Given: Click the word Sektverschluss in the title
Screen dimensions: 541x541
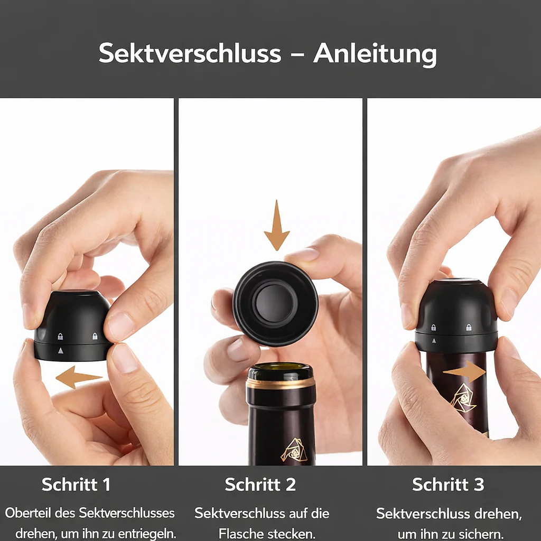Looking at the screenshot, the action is point(190,53).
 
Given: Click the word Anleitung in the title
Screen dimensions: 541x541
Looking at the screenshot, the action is point(375,54).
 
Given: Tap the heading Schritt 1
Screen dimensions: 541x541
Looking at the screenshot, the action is point(76,484).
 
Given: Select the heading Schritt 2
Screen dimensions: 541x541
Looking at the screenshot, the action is point(260,484).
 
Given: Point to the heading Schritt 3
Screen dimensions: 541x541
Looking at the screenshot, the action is point(448,484).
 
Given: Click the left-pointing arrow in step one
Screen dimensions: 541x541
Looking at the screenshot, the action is point(79,377).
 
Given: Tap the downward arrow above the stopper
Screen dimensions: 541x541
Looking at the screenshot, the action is point(277,225).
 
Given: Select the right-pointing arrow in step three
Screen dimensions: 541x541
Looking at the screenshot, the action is point(464,371).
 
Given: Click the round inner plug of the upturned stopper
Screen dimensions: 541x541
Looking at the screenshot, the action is point(275,303).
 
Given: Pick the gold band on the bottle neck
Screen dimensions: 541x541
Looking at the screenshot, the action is point(281,383).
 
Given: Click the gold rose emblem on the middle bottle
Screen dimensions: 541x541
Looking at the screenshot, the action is point(294,450).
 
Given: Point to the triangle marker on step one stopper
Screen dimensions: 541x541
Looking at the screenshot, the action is point(61,351).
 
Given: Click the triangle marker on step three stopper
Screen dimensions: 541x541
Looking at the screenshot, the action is point(434,341).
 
